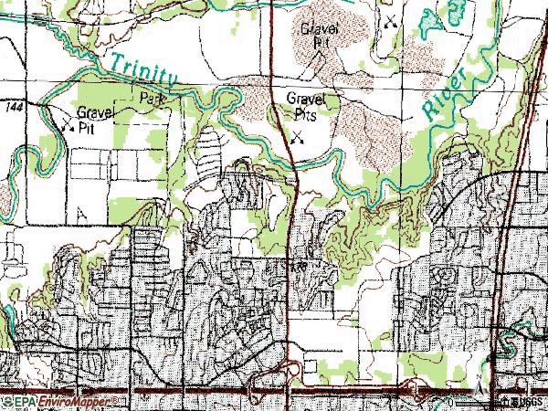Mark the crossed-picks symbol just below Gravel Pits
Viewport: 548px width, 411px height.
[298, 139]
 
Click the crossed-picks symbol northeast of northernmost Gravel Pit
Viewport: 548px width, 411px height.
[391, 19]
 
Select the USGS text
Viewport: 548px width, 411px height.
[529, 402]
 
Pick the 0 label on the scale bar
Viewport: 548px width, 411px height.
[450, 402]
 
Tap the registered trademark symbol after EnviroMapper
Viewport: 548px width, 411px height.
[112, 400]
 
